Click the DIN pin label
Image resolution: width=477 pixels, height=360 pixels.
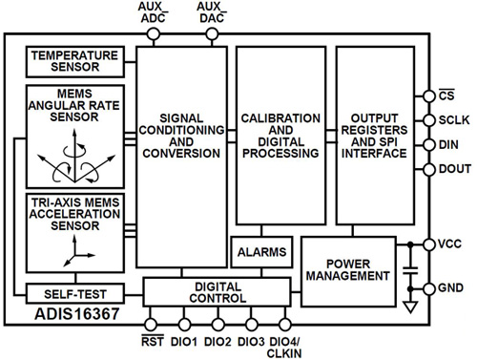coord(446,145)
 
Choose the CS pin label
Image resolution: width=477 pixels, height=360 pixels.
coord(446,95)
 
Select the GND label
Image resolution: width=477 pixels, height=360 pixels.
coord(449,287)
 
